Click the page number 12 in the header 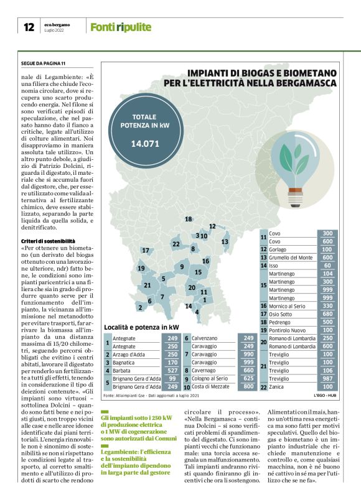click(29, 27)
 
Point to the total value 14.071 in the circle click(145, 144)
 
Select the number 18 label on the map click(188, 219)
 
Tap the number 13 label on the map click(225, 241)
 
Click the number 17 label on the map click(146, 251)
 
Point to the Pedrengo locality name click(283, 322)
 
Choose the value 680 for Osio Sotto click(327, 314)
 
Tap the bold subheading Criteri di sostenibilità click(48, 241)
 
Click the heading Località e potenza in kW click(141, 327)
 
